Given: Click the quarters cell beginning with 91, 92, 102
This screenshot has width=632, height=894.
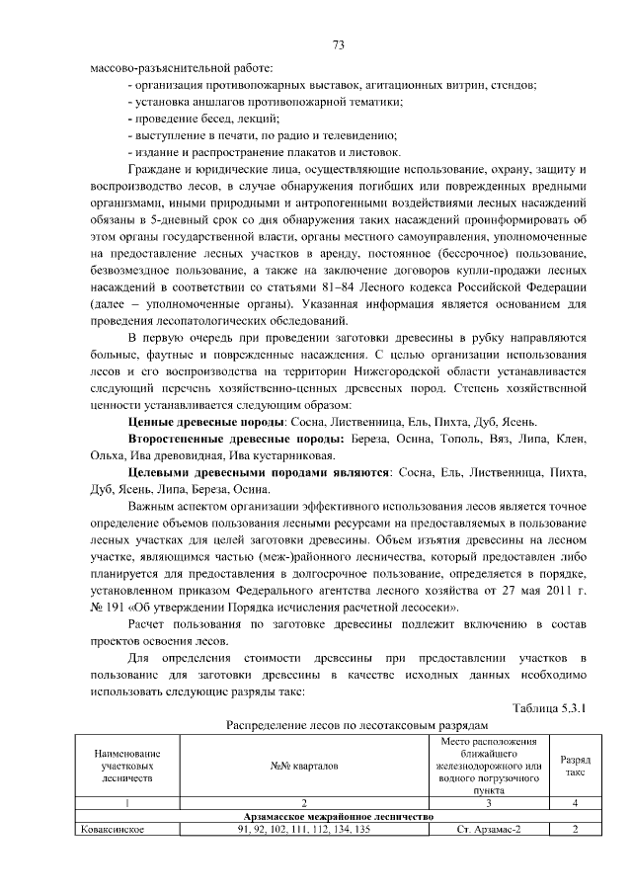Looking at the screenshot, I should [x=304, y=829].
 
